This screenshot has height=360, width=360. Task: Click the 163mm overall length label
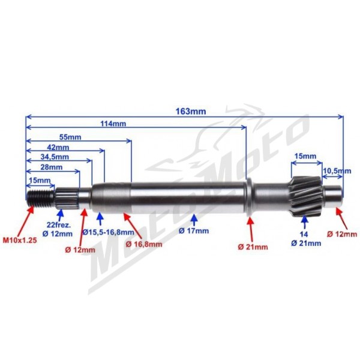pos(191,112)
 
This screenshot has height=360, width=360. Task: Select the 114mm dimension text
pos(113,124)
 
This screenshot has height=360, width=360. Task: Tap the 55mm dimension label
pos(70,137)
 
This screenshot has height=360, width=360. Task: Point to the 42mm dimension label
pos(58,147)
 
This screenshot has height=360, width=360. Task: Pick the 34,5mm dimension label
pos(55,157)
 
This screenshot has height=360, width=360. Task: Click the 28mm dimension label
pos(52,167)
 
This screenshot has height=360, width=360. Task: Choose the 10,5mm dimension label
pos(337,171)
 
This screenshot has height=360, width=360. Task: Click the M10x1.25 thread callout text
pos(20,241)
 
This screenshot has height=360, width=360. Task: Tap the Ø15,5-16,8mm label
pos(108,232)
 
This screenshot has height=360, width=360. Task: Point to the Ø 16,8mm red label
pos(144,244)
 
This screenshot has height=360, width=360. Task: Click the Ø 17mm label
pos(194,231)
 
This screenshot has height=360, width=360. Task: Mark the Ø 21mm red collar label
pos(253,247)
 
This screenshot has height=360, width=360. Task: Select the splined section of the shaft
pos(68,198)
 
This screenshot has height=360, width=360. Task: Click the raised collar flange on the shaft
pos(250,197)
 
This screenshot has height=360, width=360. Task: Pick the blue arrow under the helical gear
pos(305,222)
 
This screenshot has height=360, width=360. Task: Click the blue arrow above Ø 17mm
pos(194,220)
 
